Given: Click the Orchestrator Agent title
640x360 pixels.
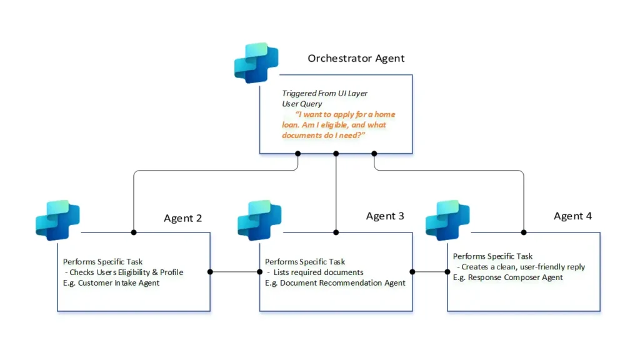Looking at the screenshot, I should pos(356,58).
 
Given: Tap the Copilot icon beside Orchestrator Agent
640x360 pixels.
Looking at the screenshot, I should pos(256,62).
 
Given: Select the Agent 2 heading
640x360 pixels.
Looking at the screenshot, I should pos(182,218).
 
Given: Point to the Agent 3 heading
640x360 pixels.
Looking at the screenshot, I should pos(385,216).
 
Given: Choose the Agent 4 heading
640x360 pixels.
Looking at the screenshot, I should pos(572,216).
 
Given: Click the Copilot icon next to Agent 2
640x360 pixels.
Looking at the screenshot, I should pos(57,220).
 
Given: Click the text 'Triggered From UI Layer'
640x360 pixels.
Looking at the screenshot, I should pos(324,93).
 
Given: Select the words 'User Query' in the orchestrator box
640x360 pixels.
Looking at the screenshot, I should pos(302,104).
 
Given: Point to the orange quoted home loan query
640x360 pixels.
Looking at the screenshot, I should pos(339,124).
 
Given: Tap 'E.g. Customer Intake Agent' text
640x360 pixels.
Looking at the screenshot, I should pos(111,283).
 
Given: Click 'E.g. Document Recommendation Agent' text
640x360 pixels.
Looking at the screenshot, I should pos(335,283).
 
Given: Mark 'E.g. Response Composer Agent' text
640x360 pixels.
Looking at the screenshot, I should pos(508,277).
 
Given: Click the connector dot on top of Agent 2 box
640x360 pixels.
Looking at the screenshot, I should pos(134,232).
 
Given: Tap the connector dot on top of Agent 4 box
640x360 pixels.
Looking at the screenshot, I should pos(524,232).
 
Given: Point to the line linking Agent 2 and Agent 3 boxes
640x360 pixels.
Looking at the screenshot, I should pos(235,272).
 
